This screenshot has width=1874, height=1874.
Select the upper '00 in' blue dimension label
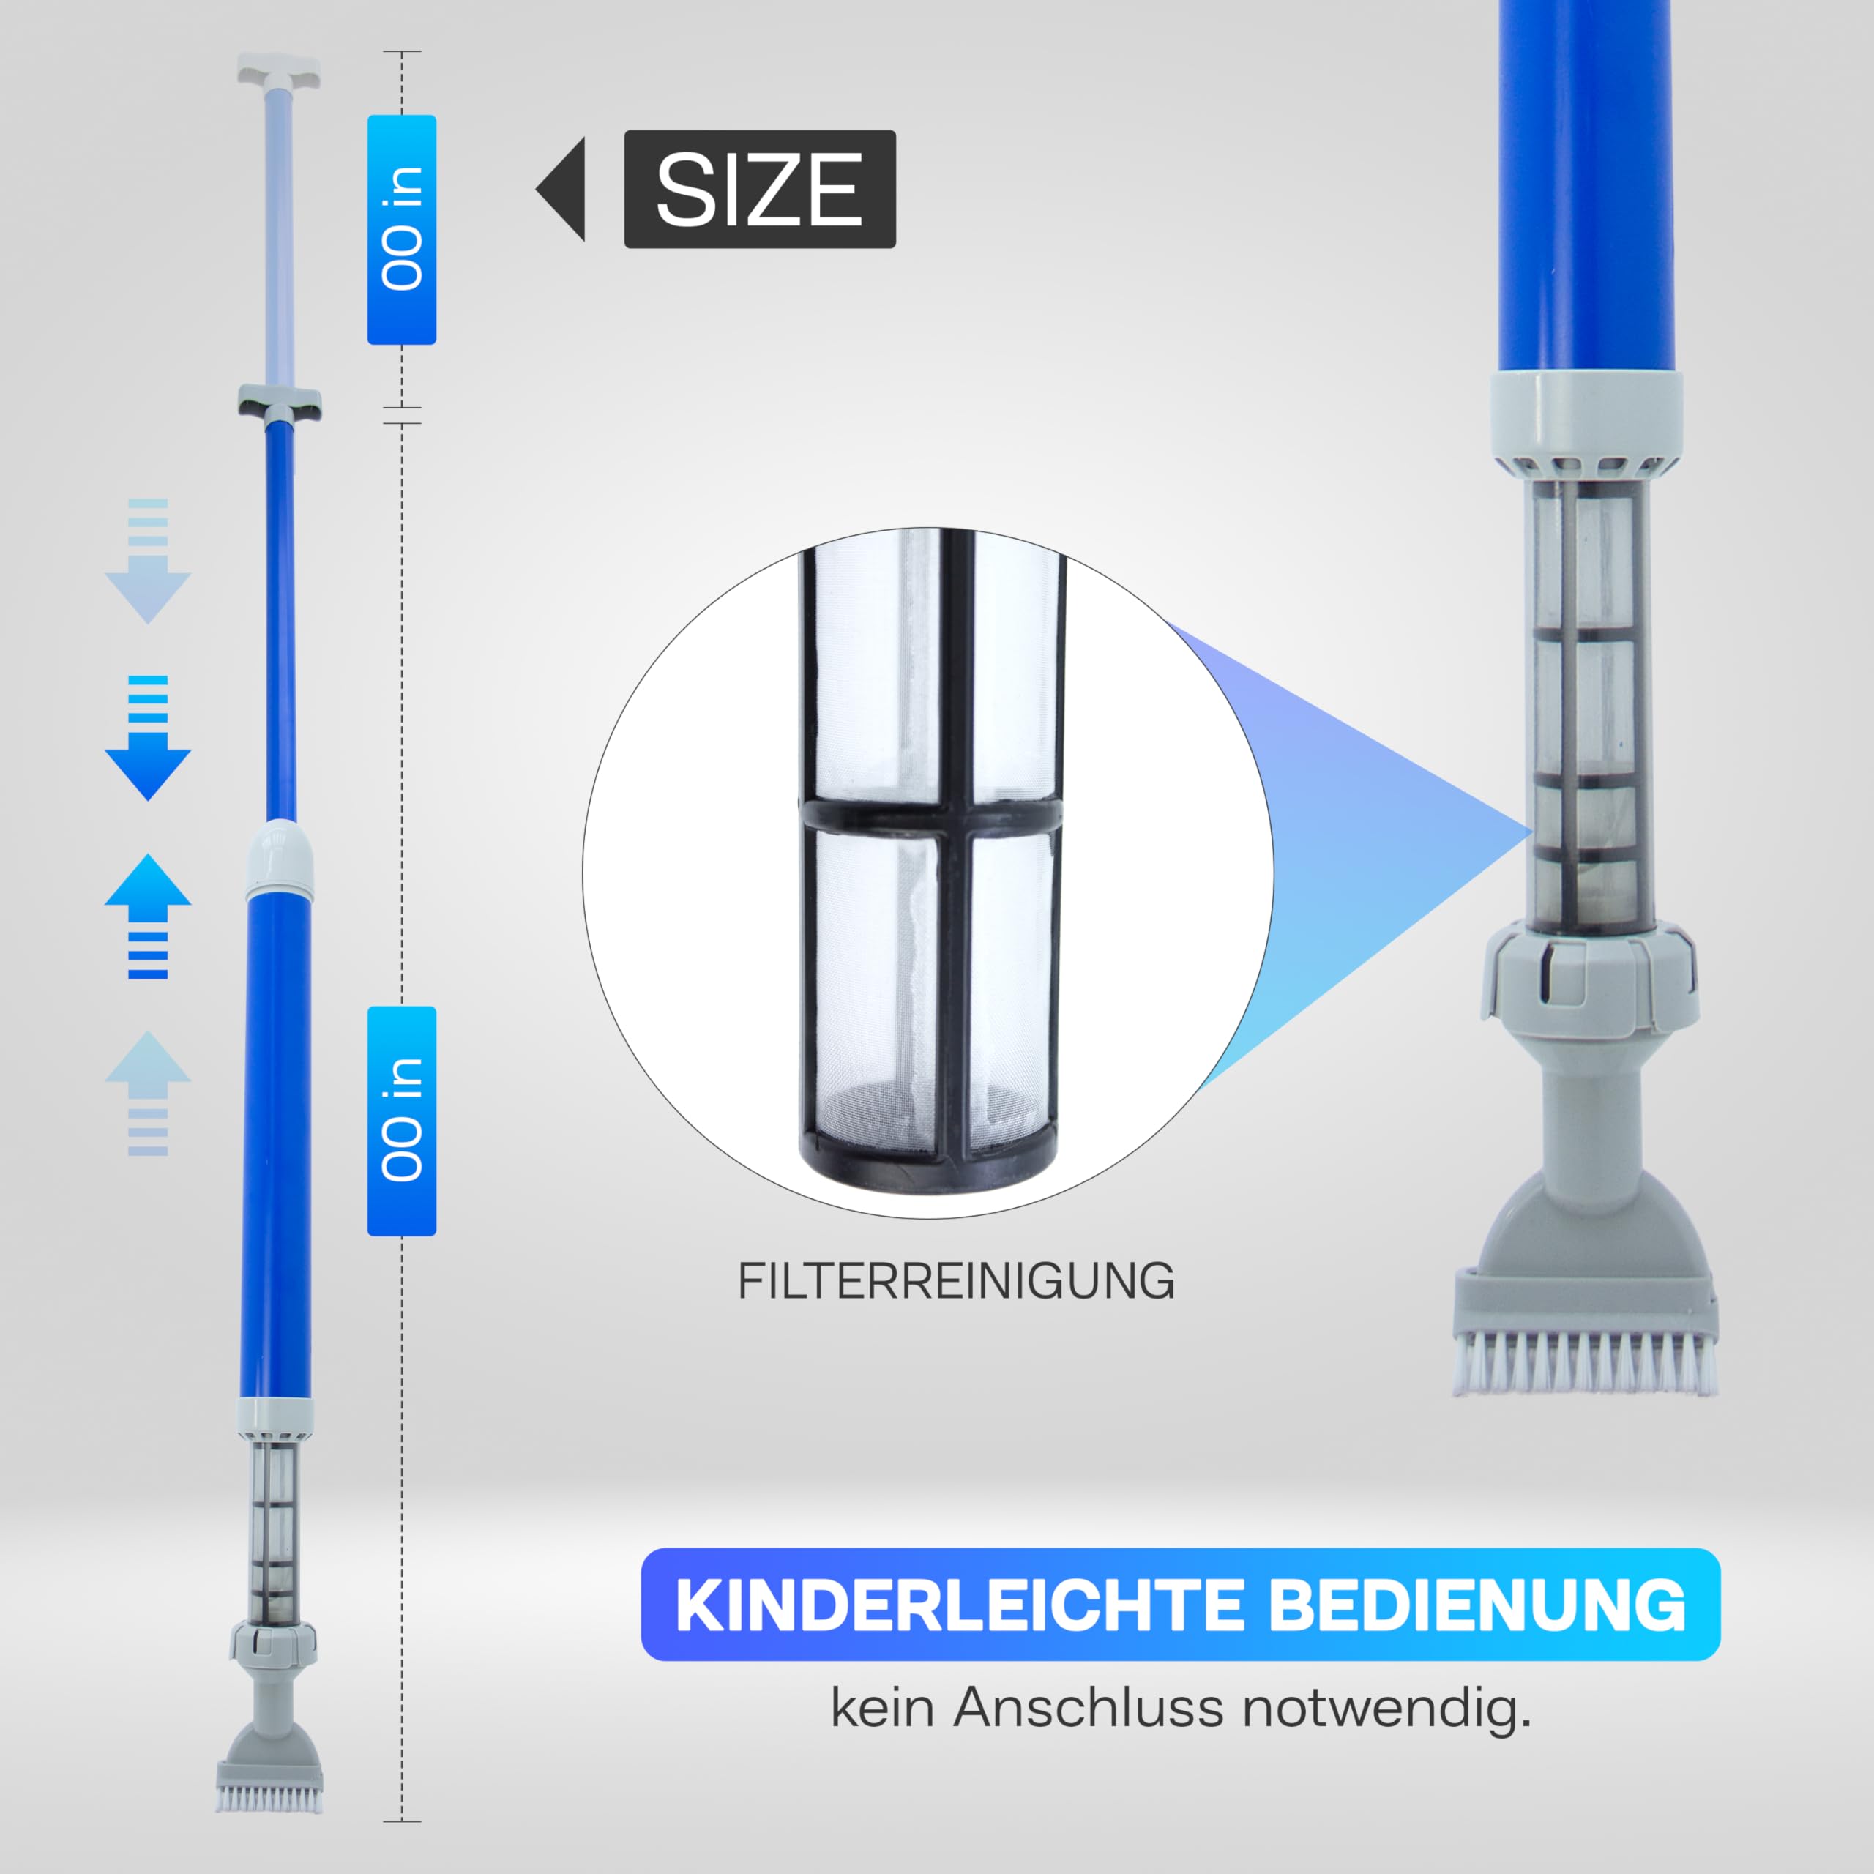(x=402, y=230)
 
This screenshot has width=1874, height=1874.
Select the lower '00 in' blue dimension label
(x=402, y=1120)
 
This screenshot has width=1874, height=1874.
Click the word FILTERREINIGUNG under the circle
(x=957, y=1281)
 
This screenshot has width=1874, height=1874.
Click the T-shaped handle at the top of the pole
(x=278, y=71)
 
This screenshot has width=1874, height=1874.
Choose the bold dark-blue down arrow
(x=147, y=738)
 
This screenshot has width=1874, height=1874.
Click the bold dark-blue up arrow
(x=147, y=917)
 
